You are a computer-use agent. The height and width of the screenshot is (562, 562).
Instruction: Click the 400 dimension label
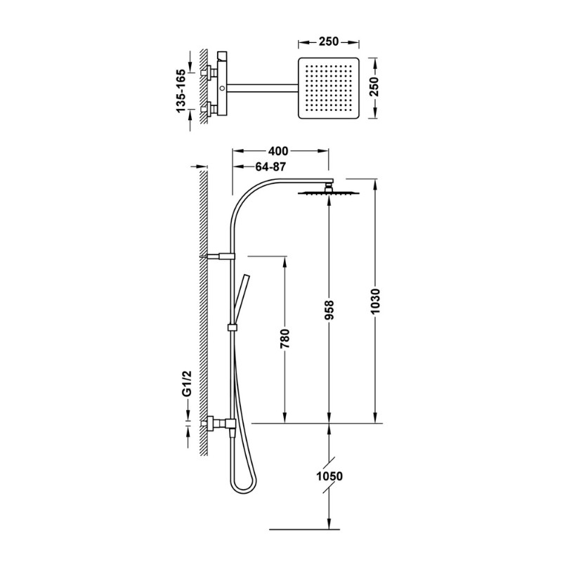[277, 151]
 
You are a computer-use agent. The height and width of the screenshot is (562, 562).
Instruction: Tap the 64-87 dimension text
[270, 166]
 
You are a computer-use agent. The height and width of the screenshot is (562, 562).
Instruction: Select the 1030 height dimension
[375, 301]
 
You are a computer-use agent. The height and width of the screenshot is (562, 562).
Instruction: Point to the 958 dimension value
[329, 310]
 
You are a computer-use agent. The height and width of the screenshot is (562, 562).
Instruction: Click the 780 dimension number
[285, 339]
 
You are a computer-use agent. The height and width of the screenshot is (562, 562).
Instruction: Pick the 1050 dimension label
[329, 476]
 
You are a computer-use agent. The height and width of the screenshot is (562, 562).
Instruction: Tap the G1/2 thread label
[187, 384]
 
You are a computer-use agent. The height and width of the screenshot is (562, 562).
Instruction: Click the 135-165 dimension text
[181, 91]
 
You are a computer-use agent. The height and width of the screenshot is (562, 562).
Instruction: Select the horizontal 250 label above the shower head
[329, 41]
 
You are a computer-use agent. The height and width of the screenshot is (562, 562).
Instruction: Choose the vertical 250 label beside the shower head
[374, 86]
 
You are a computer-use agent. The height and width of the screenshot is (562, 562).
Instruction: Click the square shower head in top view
[329, 89]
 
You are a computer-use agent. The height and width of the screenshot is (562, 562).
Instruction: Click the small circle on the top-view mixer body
[223, 88]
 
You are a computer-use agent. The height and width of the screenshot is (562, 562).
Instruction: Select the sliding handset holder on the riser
[233, 327]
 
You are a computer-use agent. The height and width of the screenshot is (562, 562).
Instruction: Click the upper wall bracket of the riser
[218, 256]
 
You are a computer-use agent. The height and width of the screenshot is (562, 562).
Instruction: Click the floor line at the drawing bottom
[304, 529]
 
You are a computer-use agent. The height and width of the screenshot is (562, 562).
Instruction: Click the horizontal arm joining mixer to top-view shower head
[262, 88]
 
